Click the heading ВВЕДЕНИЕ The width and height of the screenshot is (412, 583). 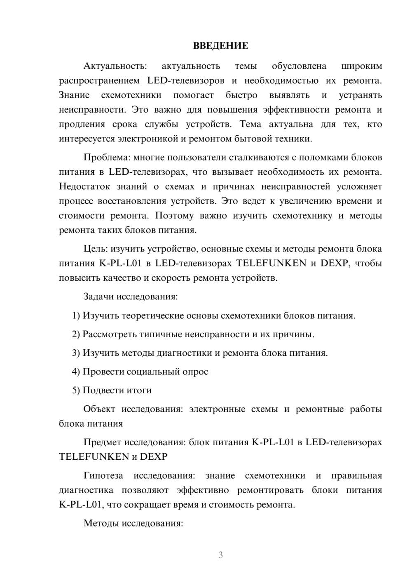[220, 46]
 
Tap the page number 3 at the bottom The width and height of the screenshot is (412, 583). [220, 555]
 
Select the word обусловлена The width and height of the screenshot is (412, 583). [299, 66]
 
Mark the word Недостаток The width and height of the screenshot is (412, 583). [84, 186]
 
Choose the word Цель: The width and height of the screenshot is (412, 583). [96, 249]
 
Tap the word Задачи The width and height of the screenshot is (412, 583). [99, 297]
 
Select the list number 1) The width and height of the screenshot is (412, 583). [76, 316]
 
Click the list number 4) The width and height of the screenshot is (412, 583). [76, 372]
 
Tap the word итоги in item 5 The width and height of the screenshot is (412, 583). [139, 390]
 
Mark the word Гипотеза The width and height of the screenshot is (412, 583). [103, 476]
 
